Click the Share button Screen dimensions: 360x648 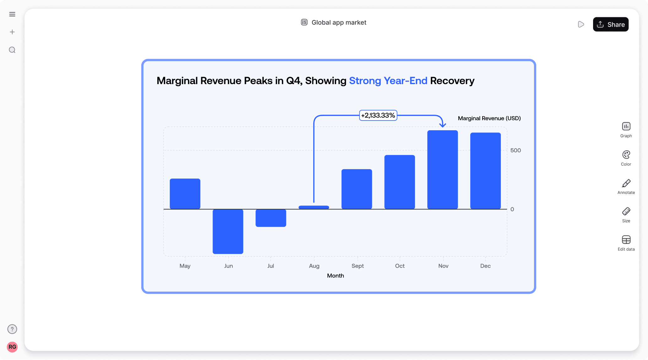click(610, 24)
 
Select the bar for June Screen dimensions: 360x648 click(228, 231)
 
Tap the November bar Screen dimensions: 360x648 click(442, 169)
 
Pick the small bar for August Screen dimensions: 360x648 click(314, 207)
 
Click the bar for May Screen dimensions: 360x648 click(185, 194)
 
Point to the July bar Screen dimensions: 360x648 click(271, 218)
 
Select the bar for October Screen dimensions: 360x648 click(399, 182)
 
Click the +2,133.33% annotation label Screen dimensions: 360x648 click(378, 116)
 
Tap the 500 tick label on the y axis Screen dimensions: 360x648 click(516, 150)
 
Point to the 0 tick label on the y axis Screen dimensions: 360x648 click(512, 209)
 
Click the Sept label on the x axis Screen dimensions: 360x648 click(357, 266)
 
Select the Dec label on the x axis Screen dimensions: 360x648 click(485, 266)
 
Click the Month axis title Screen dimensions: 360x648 click(335, 276)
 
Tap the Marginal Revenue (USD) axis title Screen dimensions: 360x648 click(489, 118)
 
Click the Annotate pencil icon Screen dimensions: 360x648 click(626, 183)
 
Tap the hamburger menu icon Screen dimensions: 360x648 click(12, 14)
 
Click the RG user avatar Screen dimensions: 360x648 click(12, 347)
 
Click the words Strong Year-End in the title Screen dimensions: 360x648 click(388, 81)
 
